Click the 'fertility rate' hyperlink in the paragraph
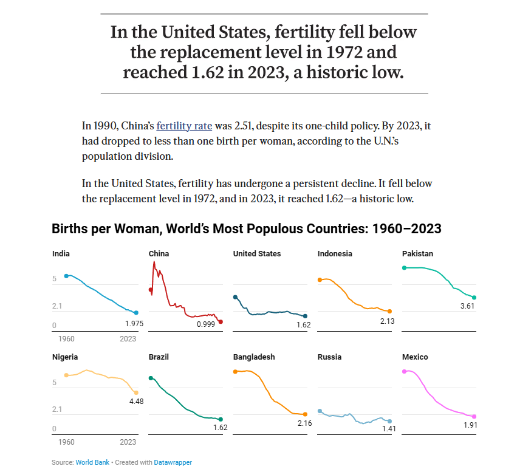(184, 126)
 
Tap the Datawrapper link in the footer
(173, 462)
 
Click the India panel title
(61, 254)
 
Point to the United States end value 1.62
(304, 325)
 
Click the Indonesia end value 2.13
(388, 321)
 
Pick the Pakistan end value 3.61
(467, 306)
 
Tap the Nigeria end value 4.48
(136, 402)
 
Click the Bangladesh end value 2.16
(304, 423)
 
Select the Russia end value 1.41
(389, 429)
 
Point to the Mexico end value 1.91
(470, 425)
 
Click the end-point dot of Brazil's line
(221, 419)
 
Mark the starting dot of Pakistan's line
(404, 268)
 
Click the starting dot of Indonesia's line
(320, 280)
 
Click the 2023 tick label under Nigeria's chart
(128, 442)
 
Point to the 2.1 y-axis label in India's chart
(57, 306)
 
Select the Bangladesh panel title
(254, 357)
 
